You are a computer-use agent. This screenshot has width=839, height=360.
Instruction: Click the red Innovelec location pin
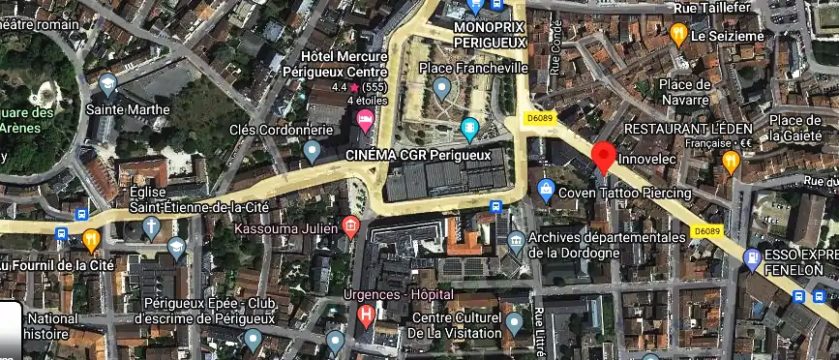pos(604,155)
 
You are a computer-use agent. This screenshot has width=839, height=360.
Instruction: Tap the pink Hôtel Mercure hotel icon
pos(367,122)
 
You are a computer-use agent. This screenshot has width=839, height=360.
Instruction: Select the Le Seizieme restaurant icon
pos(678,35)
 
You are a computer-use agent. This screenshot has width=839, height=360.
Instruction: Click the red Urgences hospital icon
pos(367,315)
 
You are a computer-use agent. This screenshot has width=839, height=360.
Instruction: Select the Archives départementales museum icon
pos(516,238)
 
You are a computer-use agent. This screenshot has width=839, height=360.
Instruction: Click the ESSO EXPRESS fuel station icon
pos(752,256)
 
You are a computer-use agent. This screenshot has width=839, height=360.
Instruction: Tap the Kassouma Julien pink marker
pos(350,227)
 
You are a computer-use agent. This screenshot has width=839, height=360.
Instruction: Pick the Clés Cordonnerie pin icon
pos(312,150)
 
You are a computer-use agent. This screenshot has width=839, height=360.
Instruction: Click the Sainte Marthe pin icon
pos(107,84)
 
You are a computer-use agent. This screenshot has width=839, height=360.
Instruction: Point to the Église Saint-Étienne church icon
pos(151,226)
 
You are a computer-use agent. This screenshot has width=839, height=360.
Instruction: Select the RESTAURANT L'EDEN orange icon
pos(731,161)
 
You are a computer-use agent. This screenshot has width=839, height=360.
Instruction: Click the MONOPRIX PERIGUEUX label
pos(489,36)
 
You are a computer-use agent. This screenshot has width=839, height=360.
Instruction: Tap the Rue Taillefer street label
pos(712,8)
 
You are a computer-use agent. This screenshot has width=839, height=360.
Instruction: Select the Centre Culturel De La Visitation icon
pos(514,320)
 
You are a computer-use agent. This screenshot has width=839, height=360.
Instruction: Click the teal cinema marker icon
pos(470,127)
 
